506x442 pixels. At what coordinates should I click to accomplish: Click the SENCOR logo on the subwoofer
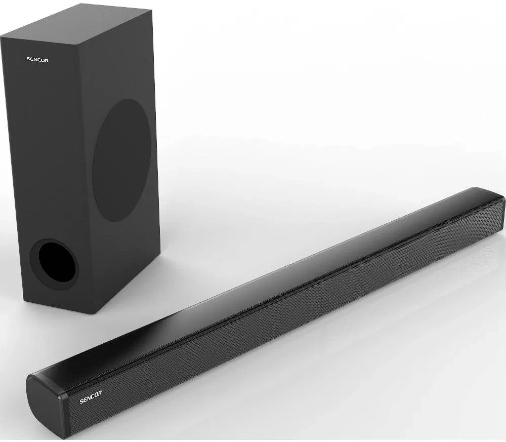(x=37, y=59)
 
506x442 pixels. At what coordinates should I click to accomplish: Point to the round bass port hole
(x=54, y=263)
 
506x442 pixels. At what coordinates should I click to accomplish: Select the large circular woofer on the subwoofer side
(x=122, y=159)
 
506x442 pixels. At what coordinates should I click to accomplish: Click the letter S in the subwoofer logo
(x=28, y=59)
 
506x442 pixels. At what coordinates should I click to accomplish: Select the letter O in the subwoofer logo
(x=43, y=60)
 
